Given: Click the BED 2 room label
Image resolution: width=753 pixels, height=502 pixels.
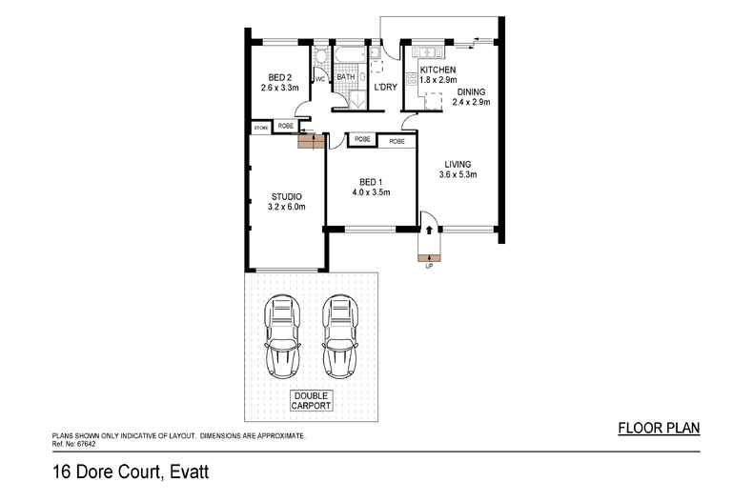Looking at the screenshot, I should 279,78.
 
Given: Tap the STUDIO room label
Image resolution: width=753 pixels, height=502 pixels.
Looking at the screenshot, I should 286,197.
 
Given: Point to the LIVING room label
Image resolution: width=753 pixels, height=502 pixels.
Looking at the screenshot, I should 458,164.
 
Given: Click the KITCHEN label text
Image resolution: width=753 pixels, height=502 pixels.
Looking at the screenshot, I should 438,70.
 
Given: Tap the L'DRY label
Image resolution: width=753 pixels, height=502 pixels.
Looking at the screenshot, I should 385,88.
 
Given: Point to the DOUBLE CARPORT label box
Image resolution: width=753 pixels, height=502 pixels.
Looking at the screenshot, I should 312,400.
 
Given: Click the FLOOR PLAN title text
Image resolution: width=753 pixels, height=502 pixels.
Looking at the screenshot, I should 660,429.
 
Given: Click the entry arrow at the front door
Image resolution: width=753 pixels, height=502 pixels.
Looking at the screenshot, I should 429,230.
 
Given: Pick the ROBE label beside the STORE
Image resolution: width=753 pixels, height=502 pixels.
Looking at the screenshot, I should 285,126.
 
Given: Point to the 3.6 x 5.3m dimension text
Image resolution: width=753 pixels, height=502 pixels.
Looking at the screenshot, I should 458,174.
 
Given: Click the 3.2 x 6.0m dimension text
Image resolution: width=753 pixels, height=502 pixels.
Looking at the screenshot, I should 286,207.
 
